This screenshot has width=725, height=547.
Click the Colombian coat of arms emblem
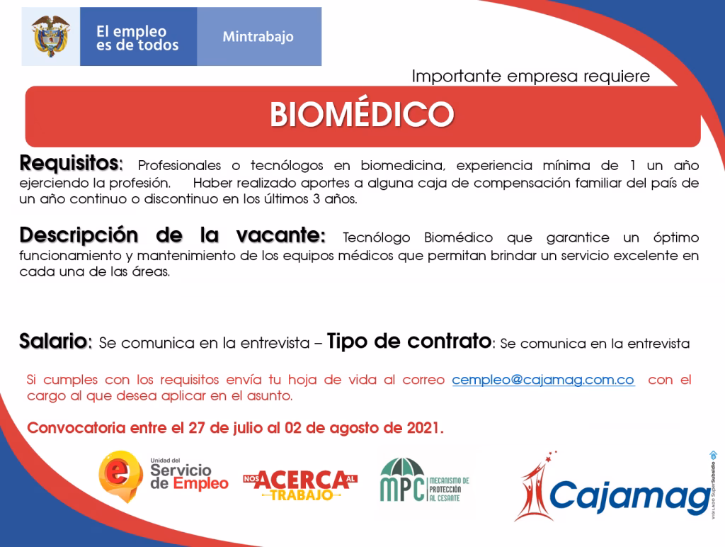[x=50, y=36]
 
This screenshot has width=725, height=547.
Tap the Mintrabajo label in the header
[x=258, y=37]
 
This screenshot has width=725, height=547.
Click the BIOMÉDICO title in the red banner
[x=362, y=114]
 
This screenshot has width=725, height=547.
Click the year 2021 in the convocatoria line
[x=424, y=429]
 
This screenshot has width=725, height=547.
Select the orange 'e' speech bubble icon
[x=120, y=475]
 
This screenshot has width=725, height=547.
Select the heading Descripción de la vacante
[x=173, y=235]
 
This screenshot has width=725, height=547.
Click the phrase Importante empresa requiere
[x=530, y=77]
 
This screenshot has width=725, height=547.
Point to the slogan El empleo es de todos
[x=137, y=38]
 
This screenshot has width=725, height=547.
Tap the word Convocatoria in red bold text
[x=77, y=429]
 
